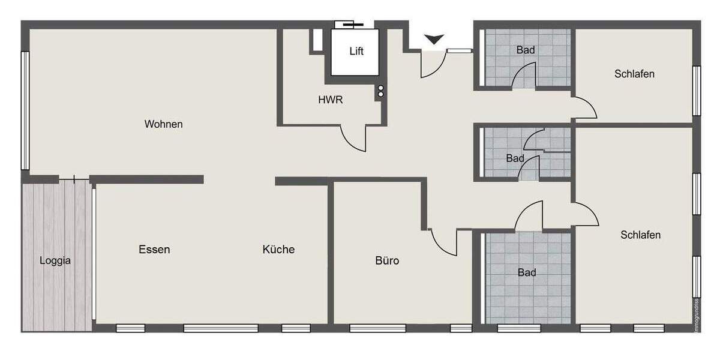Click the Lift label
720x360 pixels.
coord(356,51)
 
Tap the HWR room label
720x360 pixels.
coord(331,100)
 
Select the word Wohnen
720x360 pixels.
coord(163,124)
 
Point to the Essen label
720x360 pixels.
coord(154,250)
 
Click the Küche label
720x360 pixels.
coord(278,250)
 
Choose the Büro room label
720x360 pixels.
coord(387,261)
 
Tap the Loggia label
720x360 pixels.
coord(55,260)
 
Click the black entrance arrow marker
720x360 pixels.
coord(434,40)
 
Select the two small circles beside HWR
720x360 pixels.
coord(380,91)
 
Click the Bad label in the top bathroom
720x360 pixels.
coord(526,50)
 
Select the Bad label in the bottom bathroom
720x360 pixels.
coord(527,273)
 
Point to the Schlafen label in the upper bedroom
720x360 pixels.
coord(634,74)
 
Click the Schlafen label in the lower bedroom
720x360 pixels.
coord(640,235)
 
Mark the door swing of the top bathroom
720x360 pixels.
coord(524,75)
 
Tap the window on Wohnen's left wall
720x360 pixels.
coord(25,110)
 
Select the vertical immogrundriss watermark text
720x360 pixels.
coord(697,316)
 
